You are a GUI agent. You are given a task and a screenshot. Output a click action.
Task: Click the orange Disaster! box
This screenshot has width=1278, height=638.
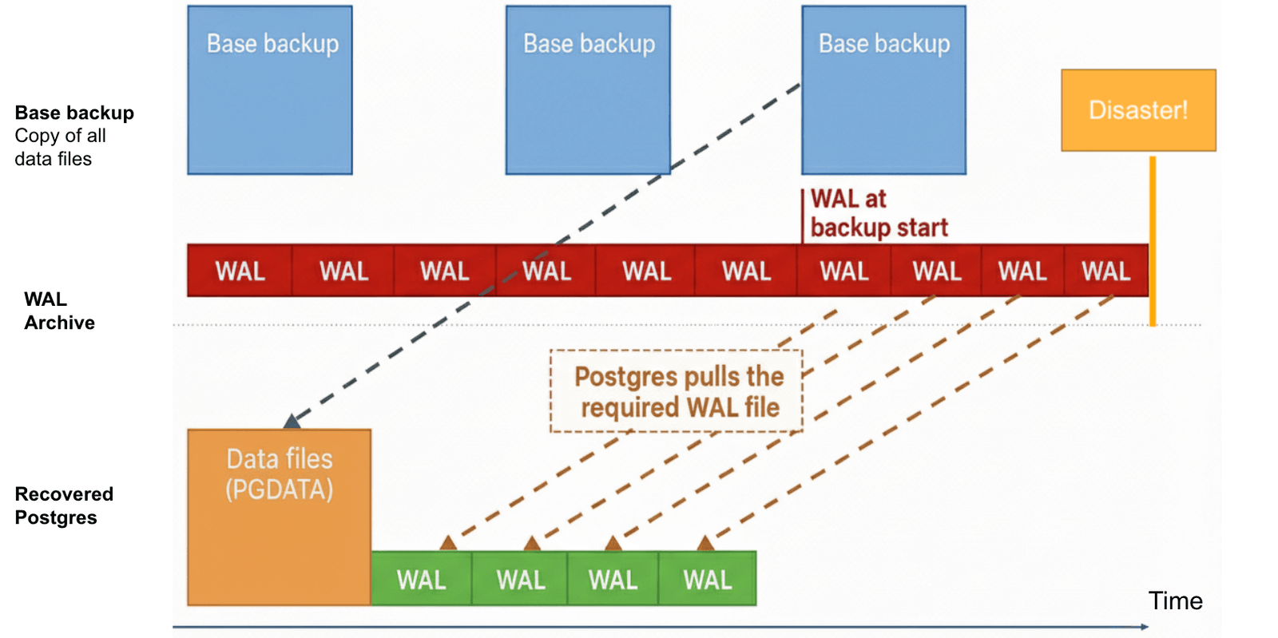tap(1137, 110)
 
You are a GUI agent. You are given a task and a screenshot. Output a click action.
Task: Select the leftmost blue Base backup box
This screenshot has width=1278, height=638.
tap(270, 90)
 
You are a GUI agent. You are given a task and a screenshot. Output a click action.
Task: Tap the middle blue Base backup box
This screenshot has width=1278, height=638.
tap(588, 90)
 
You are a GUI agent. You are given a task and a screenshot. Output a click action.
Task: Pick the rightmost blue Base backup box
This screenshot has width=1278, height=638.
tap(883, 90)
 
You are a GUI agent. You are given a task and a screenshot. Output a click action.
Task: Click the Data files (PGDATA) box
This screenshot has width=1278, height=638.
tap(279, 517)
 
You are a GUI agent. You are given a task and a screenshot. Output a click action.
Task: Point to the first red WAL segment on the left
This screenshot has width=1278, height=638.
tap(240, 271)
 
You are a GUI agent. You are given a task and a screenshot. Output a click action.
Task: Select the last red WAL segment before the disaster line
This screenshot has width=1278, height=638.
tap(1105, 271)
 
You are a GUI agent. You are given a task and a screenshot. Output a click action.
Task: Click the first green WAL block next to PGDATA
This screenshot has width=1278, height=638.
tap(421, 579)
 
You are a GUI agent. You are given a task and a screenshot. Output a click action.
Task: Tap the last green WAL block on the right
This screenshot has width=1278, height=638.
tap(707, 579)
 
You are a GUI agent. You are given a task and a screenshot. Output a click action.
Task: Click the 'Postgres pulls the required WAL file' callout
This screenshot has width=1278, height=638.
tap(677, 391)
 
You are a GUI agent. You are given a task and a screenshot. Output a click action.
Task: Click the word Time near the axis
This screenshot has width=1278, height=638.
tap(1175, 600)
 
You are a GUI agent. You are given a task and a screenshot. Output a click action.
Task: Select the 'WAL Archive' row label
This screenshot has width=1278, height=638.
tap(59, 311)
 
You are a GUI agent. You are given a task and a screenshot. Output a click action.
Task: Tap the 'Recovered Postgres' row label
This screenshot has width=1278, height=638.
tap(64, 505)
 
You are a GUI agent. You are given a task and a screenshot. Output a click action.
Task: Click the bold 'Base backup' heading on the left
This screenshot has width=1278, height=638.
tap(74, 113)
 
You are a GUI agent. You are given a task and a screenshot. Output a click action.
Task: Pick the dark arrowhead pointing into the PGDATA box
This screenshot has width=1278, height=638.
tap(292, 421)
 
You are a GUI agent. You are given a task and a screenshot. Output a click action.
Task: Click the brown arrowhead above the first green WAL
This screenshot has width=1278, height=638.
tap(448, 543)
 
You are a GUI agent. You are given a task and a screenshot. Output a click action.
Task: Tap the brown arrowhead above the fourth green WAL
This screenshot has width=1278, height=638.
tap(705, 544)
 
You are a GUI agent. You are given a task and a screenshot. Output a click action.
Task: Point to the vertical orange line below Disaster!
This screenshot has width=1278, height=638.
tap(1153, 240)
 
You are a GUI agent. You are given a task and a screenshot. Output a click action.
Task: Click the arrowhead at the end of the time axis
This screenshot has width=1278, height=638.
tap(1145, 627)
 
